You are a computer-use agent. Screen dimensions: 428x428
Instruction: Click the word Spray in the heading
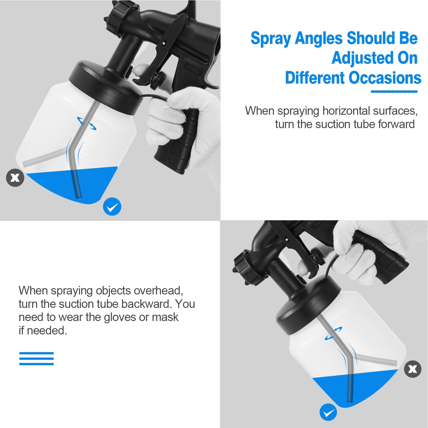271,39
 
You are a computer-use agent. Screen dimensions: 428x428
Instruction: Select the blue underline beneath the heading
394,92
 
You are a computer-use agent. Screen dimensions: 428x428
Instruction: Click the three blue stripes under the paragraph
37,359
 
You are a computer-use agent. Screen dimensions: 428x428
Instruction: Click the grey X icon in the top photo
15,178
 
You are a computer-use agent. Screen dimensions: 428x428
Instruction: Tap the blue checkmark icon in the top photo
112,207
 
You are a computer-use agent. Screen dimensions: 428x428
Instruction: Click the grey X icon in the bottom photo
413,369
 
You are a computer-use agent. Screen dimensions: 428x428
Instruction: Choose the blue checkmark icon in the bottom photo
328,412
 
